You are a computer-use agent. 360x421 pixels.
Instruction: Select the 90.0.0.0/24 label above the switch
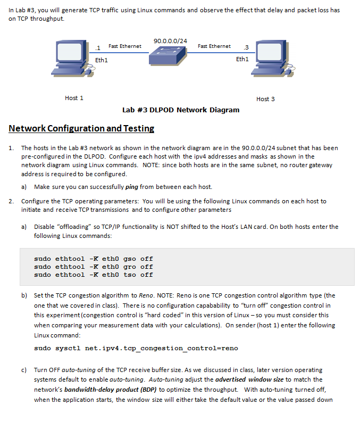tap(170, 41)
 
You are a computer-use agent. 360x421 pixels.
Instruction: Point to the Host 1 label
tap(74, 98)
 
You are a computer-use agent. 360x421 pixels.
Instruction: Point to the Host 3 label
tap(265, 99)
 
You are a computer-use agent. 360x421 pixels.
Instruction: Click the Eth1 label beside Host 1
tap(102, 60)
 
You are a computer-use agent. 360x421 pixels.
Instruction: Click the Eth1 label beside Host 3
tap(242, 59)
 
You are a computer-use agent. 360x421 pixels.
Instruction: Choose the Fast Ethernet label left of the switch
tap(125, 46)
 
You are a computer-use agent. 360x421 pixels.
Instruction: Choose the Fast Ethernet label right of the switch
tap(214, 46)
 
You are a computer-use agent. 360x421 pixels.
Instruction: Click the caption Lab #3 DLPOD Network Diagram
tap(181, 110)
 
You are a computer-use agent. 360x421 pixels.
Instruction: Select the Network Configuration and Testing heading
tap(81, 128)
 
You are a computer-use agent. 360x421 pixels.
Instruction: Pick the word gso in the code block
tap(131, 259)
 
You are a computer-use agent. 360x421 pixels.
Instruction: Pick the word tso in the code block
tap(131, 275)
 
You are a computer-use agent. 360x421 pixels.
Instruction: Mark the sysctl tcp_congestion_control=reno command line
tap(136, 348)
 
